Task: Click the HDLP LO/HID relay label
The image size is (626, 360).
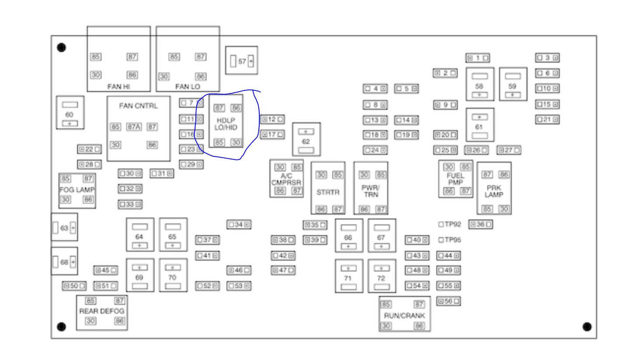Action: (x=226, y=124)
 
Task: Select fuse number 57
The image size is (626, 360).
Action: (x=242, y=61)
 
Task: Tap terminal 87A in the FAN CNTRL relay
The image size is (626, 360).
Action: (x=134, y=127)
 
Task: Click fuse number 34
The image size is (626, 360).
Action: (x=239, y=225)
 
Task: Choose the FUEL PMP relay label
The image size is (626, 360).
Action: (x=456, y=179)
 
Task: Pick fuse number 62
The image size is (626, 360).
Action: (x=306, y=141)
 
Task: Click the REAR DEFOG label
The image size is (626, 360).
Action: (x=102, y=311)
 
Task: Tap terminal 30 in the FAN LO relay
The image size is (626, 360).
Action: (x=163, y=76)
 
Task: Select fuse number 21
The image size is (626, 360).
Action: (x=547, y=119)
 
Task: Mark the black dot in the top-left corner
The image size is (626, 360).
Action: (x=62, y=47)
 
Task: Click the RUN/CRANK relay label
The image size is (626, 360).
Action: (x=404, y=315)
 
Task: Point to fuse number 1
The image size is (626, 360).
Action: (x=477, y=58)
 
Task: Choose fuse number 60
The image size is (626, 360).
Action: (x=70, y=114)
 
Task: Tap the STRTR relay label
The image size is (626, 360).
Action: (x=327, y=192)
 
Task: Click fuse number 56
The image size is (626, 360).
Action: (x=449, y=301)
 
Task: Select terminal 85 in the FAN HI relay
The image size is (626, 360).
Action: (x=96, y=56)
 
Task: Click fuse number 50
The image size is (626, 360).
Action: (x=74, y=286)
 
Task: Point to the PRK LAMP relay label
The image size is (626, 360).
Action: (x=494, y=191)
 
